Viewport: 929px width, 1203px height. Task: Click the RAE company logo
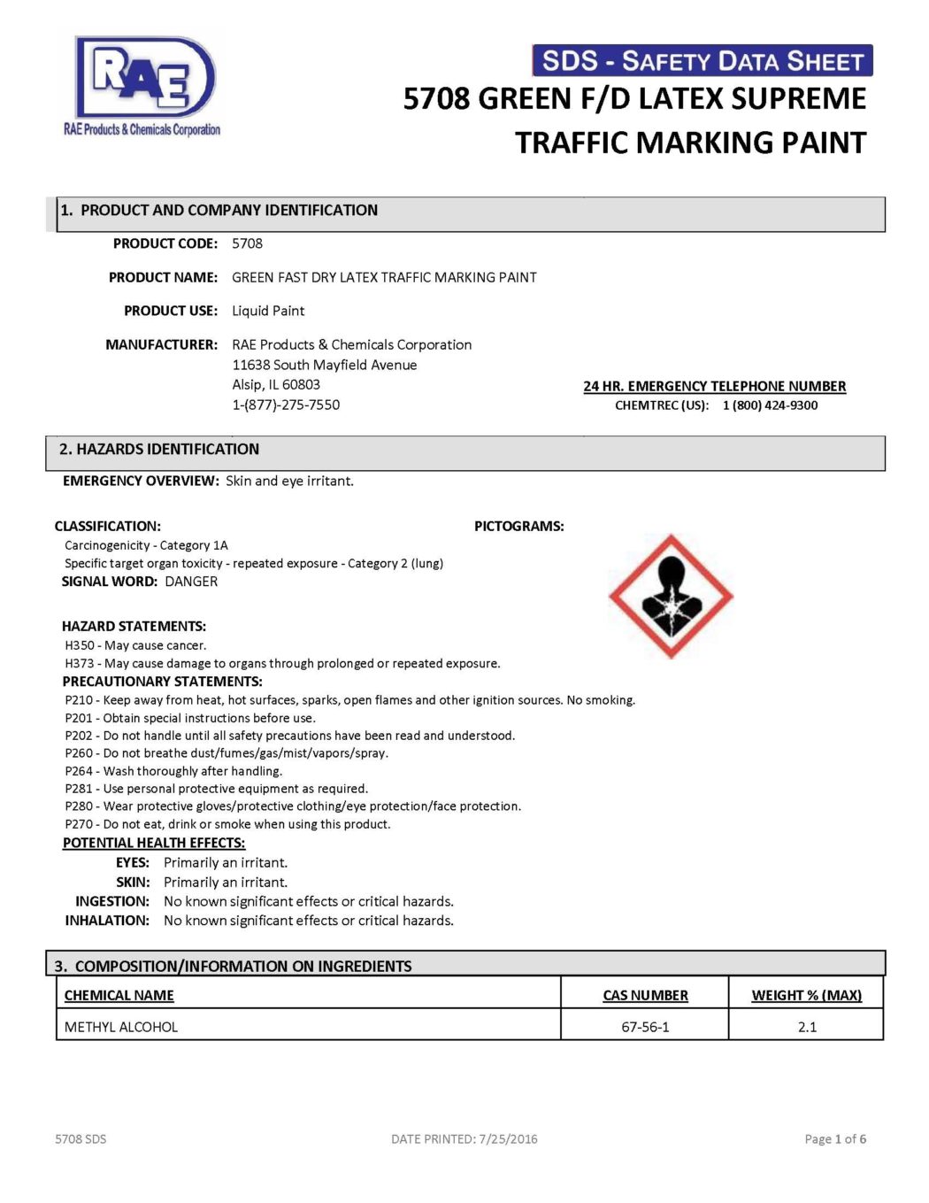pyautogui.click(x=144, y=86)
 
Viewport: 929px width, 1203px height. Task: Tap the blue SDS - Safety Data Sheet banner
pyautogui.click(x=702, y=60)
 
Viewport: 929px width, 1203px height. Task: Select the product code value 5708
pyautogui.click(x=247, y=243)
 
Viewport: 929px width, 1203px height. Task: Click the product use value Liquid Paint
pyautogui.click(x=268, y=311)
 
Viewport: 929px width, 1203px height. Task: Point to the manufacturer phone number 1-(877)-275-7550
pyautogui.click(x=286, y=405)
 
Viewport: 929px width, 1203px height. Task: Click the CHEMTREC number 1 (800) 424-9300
pyautogui.click(x=770, y=405)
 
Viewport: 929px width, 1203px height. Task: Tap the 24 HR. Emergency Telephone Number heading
pyautogui.click(x=714, y=386)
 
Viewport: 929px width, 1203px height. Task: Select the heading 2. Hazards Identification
pyautogui.click(x=159, y=450)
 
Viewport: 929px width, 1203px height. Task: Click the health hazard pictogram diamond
pyautogui.click(x=671, y=596)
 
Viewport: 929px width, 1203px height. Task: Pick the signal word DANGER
pyautogui.click(x=191, y=582)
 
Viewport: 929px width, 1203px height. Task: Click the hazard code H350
pyautogui.click(x=79, y=645)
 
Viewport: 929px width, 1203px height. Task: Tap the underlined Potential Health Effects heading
pyautogui.click(x=154, y=843)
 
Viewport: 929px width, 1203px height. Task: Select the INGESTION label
pyautogui.click(x=112, y=901)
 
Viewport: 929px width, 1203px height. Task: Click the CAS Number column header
pyautogui.click(x=645, y=995)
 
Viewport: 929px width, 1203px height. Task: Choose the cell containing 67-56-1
pyautogui.click(x=645, y=1027)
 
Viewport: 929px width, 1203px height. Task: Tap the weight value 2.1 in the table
pyautogui.click(x=807, y=1027)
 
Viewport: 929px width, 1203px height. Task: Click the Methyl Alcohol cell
pyautogui.click(x=121, y=1027)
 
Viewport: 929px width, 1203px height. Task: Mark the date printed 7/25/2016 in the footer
pyautogui.click(x=508, y=1139)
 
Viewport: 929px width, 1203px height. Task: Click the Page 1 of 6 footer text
pyautogui.click(x=835, y=1139)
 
